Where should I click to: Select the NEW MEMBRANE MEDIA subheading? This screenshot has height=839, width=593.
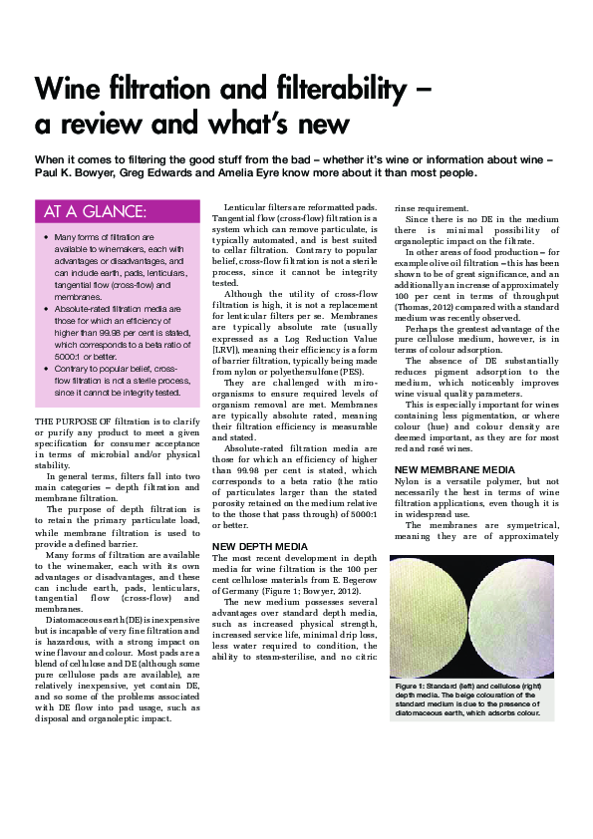click(x=454, y=468)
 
